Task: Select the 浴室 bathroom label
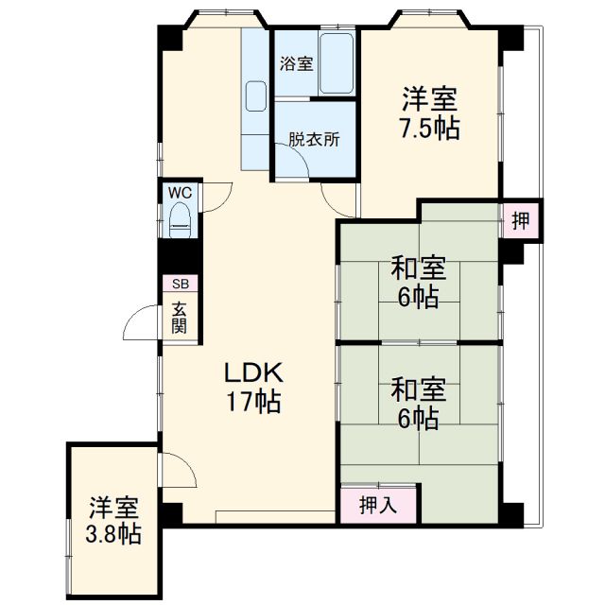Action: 296,64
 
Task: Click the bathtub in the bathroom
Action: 337,64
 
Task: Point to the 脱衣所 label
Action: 314,139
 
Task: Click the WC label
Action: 180,192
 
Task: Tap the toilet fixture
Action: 180,224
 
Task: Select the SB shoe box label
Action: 180,284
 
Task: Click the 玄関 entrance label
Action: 180,317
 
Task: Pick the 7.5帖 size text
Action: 430,129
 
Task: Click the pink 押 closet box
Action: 522,220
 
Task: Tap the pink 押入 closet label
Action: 379,506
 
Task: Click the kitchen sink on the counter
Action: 256,96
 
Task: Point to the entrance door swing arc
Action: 142,321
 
